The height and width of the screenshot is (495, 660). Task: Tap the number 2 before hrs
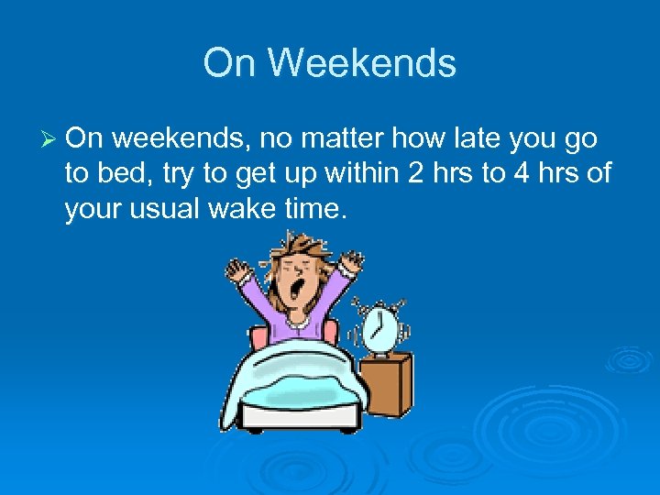pyautogui.click(x=416, y=175)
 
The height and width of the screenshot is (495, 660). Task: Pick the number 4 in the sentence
pyautogui.click(x=519, y=175)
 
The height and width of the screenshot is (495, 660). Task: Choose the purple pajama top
pyautogui.click(x=293, y=316)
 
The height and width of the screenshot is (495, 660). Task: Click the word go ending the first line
pyautogui.click(x=580, y=139)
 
